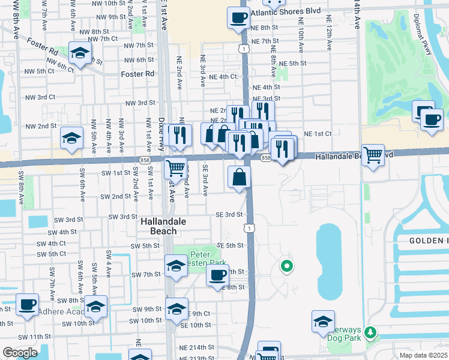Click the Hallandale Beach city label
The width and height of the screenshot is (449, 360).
pos(159,226)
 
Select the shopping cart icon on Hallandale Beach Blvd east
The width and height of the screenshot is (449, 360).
pos(373,156)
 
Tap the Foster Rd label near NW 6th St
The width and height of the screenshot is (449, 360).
pos(137,74)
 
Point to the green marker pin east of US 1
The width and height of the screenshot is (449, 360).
pos(287,266)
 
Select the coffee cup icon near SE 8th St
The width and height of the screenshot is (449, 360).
pos(218,276)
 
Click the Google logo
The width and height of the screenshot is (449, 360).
pos(20,352)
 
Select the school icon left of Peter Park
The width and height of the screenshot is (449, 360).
pos(176,265)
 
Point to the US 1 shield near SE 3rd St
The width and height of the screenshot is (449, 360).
pos(248,227)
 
